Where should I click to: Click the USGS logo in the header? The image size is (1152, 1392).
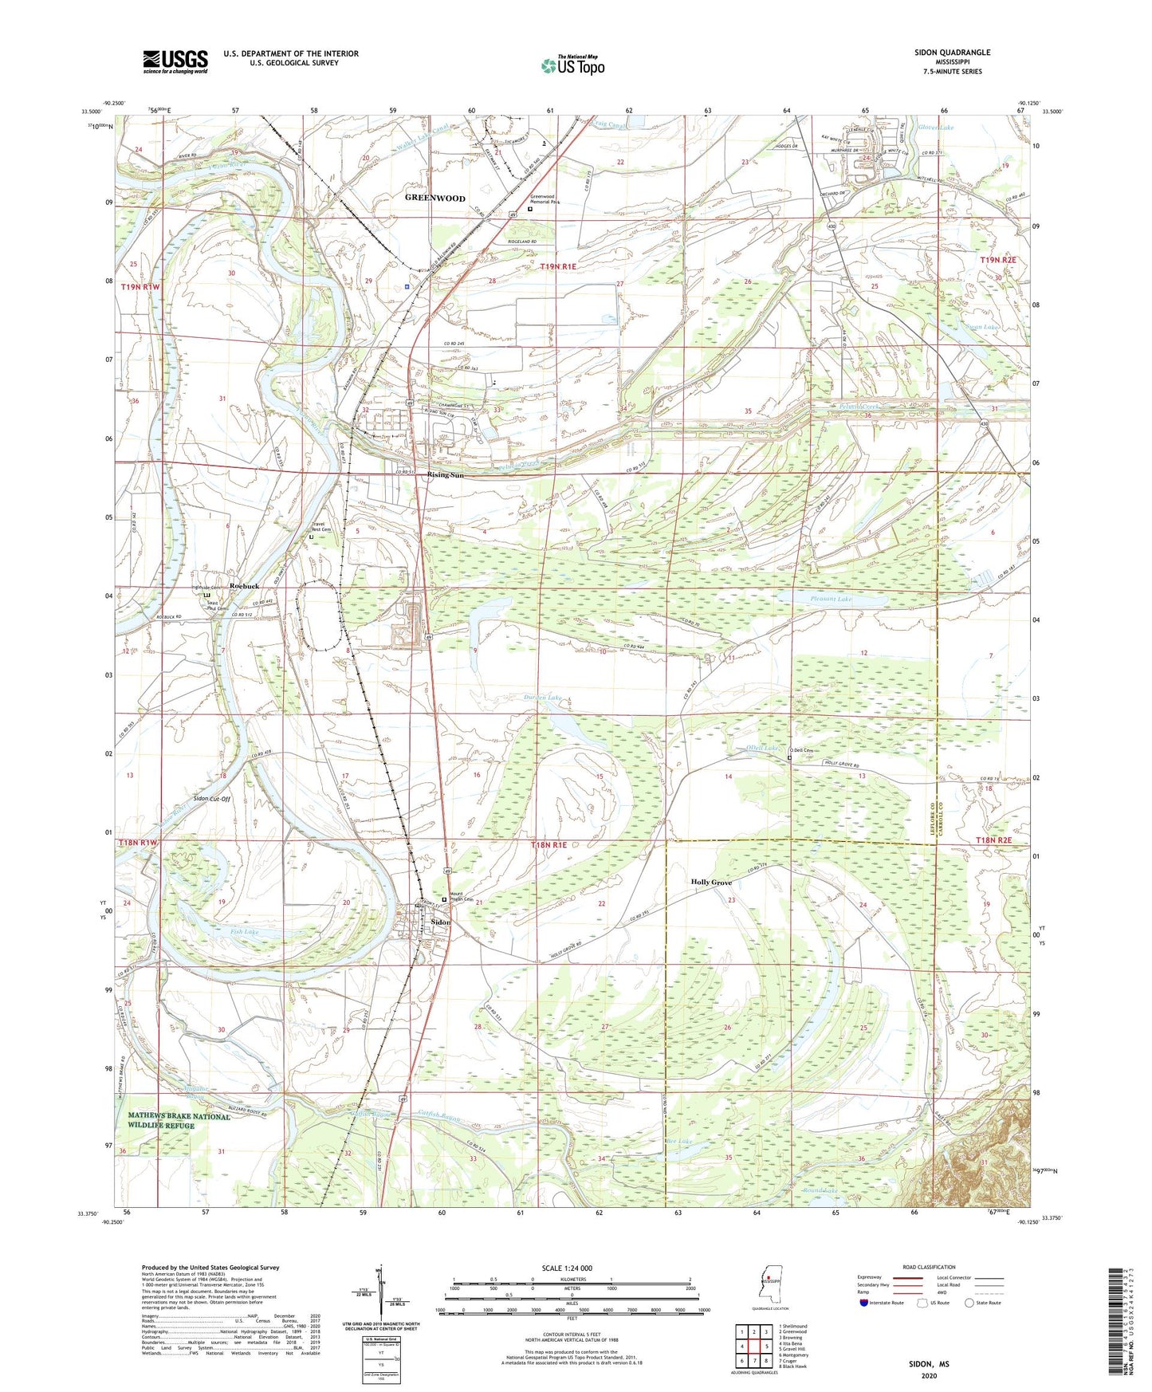click(175, 61)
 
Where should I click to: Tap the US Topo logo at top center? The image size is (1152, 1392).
click(572, 65)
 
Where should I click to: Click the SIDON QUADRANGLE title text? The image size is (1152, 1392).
click(952, 53)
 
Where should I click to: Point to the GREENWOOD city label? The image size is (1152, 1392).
click(434, 198)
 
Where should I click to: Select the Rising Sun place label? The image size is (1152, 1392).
click(445, 475)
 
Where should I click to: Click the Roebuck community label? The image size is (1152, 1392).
click(244, 586)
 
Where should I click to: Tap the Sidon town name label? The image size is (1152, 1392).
click(440, 922)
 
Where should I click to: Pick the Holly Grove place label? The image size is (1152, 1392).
click(710, 883)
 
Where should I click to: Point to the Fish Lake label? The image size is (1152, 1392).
click(245, 931)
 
